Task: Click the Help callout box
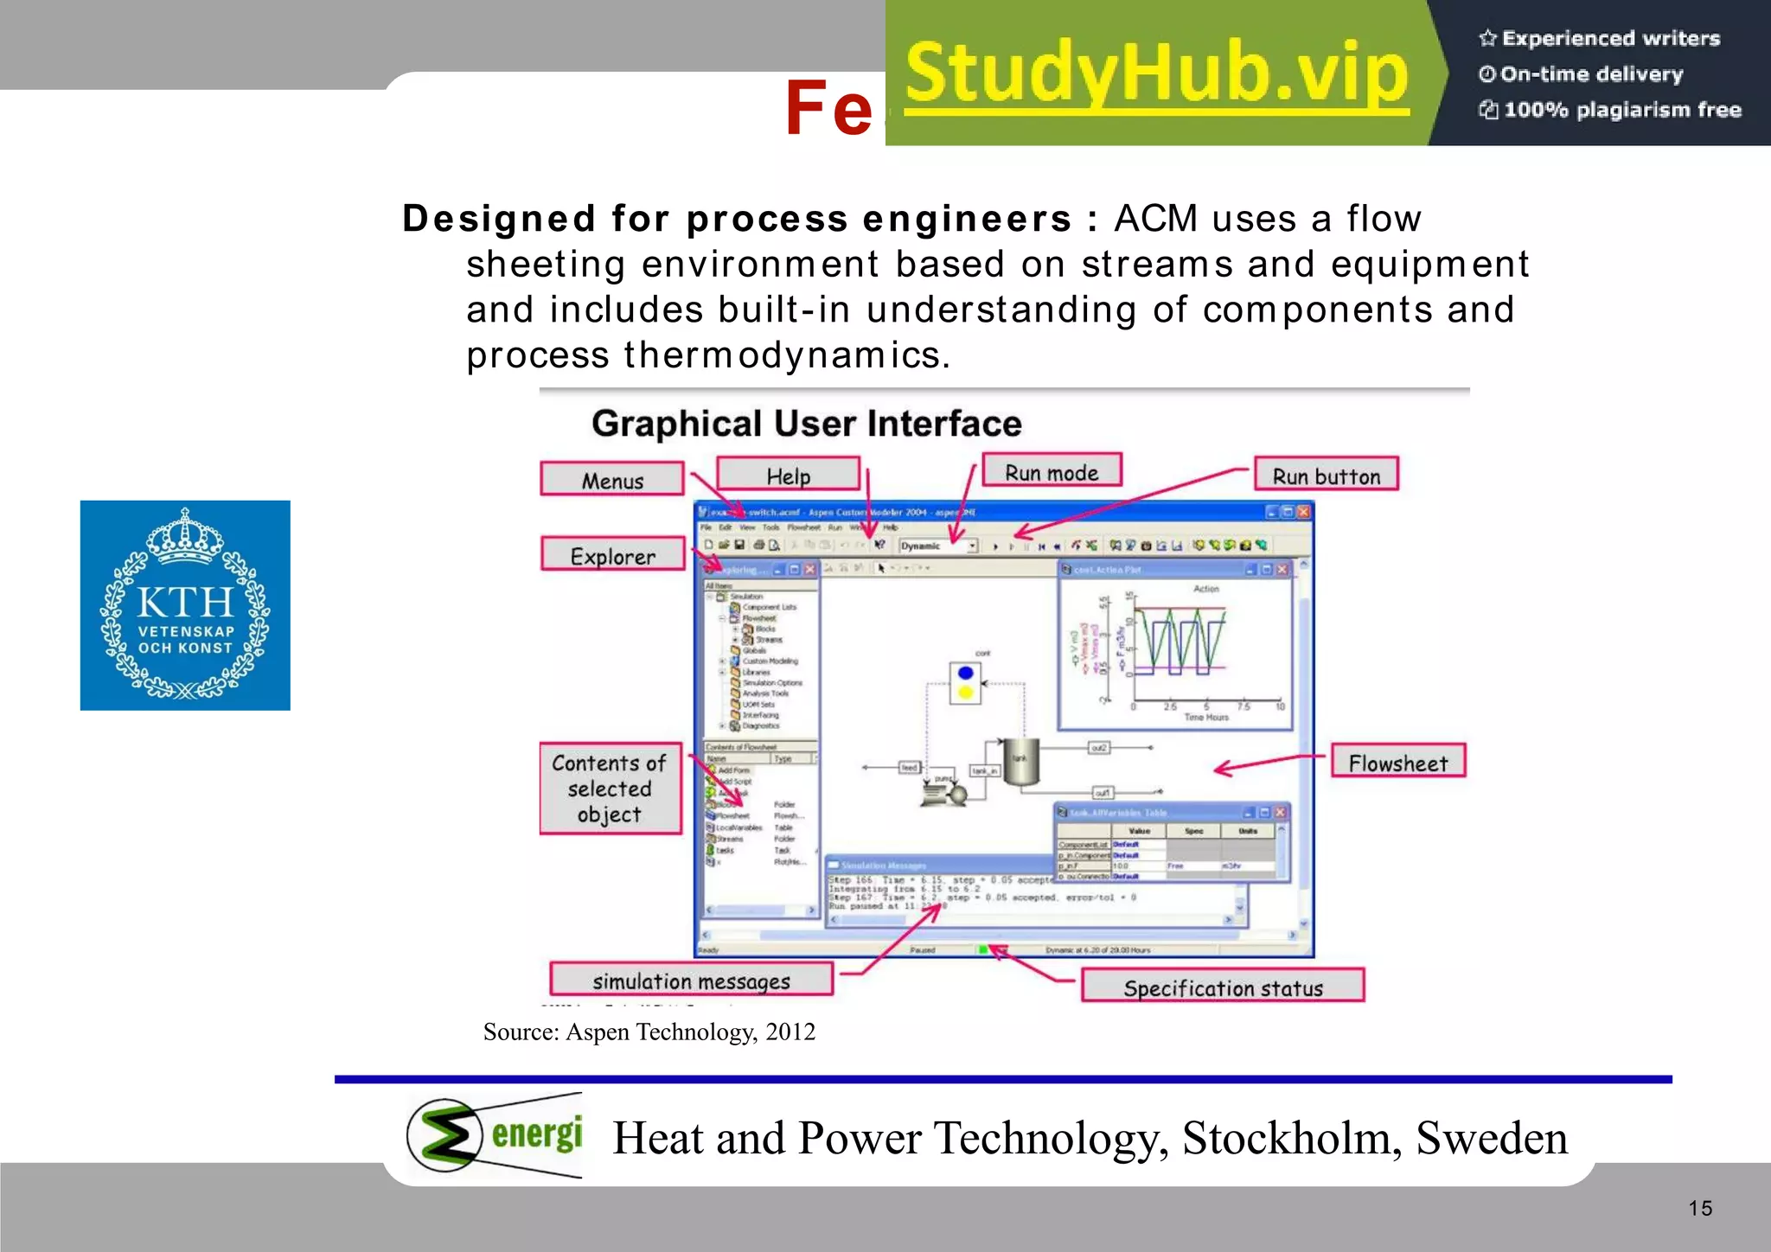coord(789,476)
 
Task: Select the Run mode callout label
coord(1052,472)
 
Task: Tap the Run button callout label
coord(1326,476)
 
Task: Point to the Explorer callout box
coord(613,555)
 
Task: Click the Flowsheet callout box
coord(1397,763)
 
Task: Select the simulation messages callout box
coord(691,981)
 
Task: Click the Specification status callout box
coord(1223,987)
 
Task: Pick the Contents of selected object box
coord(610,789)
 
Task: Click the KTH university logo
coord(185,605)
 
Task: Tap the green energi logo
coord(495,1135)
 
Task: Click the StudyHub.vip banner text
coord(1157,74)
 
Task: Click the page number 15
coord(1699,1208)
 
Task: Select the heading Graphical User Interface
coord(806,424)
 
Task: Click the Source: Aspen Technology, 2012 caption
coord(649,1032)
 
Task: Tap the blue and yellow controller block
coord(966,682)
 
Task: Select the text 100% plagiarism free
coord(1621,110)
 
